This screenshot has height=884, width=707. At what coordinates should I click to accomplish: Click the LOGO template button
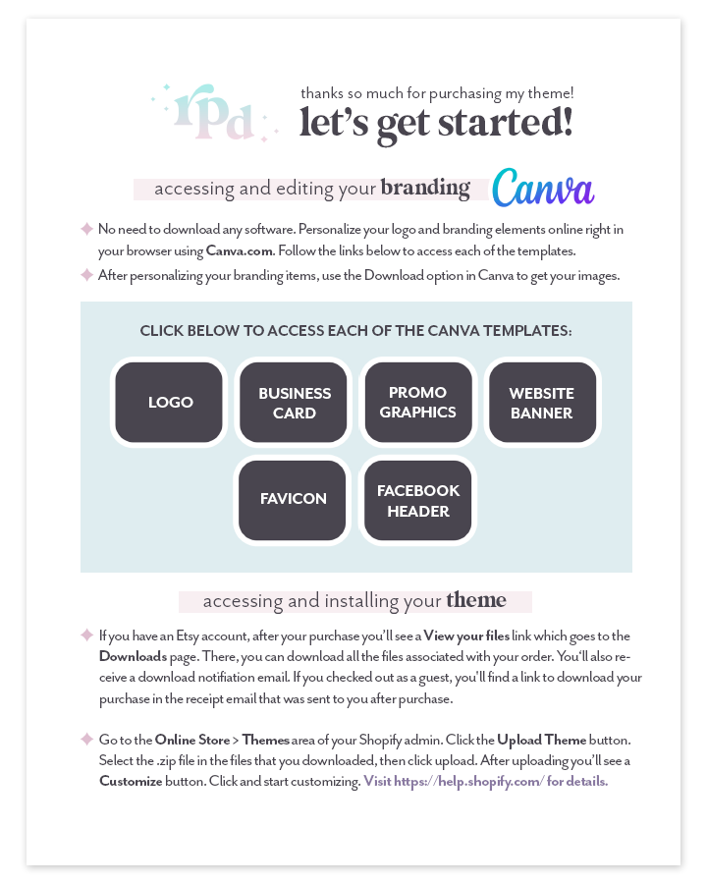(x=169, y=403)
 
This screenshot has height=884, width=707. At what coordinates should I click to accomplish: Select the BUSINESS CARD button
(x=294, y=403)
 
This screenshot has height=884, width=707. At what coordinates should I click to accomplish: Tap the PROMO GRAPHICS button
(x=418, y=403)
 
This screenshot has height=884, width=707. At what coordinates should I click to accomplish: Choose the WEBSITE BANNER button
(x=542, y=403)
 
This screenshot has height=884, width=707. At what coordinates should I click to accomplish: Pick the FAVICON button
(x=294, y=499)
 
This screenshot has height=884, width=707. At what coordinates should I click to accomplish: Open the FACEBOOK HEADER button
(x=418, y=500)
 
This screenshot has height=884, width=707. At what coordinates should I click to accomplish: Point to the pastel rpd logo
(x=212, y=114)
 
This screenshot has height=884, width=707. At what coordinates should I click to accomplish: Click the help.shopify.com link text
(x=485, y=782)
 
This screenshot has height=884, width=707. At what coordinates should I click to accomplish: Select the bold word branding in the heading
(x=425, y=188)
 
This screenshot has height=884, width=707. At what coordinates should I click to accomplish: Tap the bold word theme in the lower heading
(x=476, y=600)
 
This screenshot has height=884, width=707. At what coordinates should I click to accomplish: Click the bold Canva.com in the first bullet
(x=240, y=250)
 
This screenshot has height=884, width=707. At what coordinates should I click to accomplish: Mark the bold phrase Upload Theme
(x=542, y=739)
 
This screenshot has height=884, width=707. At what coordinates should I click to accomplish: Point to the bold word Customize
(x=131, y=782)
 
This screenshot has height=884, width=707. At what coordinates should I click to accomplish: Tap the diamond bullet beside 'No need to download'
(x=86, y=229)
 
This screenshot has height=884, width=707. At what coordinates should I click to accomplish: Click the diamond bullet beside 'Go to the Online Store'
(x=86, y=738)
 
